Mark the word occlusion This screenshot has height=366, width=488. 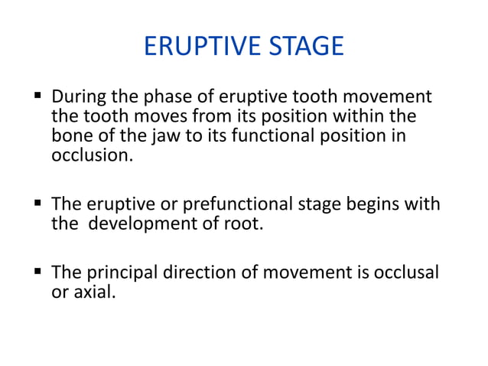pyautogui.click(x=90, y=155)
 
